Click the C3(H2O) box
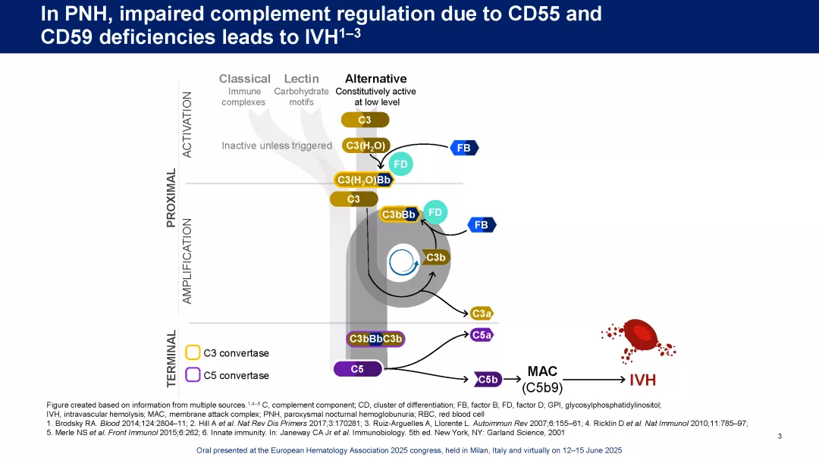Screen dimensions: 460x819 point(366,146)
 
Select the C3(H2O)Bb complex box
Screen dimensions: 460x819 point(364,180)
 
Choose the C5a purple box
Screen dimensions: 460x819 point(482,334)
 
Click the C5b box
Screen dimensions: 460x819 point(488,379)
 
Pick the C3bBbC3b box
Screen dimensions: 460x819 point(375,339)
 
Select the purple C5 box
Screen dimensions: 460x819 point(357,369)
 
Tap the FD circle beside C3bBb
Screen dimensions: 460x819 point(435,213)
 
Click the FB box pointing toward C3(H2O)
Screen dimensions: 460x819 point(464,148)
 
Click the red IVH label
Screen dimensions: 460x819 point(643,379)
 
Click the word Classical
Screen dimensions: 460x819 point(244,79)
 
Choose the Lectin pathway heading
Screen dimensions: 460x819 point(301,79)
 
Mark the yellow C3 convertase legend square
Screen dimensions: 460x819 point(193,352)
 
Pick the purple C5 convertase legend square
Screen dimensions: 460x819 point(193,374)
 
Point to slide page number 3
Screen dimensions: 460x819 point(780,436)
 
